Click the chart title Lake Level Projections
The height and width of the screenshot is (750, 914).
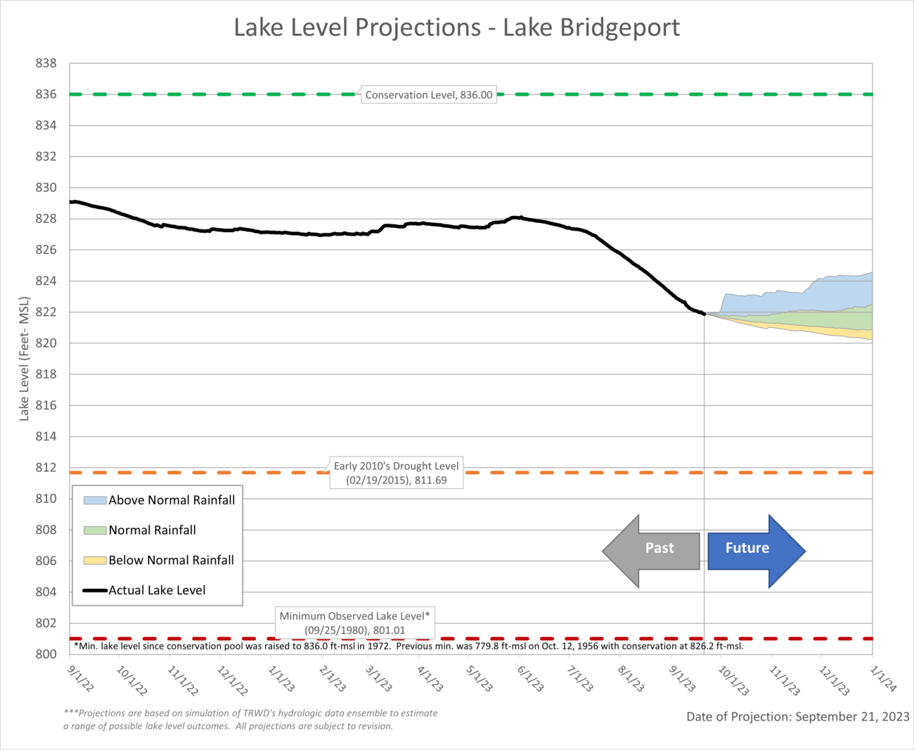pyautogui.click(x=456, y=27)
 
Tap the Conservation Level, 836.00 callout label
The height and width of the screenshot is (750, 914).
pyautogui.click(x=428, y=95)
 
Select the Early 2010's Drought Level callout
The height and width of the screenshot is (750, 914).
pyautogui.click(x=397, y=473)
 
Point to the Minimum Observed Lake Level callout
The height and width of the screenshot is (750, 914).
pyautogui.click(x=354, y=623)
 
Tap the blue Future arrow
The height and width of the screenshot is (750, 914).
pyautogui.click(x=755, y=550)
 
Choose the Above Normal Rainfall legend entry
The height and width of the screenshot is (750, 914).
pyautogui.click(x=159, y=500)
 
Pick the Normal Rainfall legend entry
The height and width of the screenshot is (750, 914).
pyautogui.click(x=140, y=530)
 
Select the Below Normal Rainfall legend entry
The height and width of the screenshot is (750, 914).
pyautogui.click(x=159, y=561)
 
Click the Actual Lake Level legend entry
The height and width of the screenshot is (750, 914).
pyautogui.click(x=145, y=591)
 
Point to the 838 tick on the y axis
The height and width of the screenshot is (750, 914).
pyautogui.click(x=46, y=63)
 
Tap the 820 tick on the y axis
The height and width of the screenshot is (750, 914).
pyautogui.click(x=46, y=343)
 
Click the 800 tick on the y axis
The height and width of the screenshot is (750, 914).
pyautogui.click(x=46, y=654)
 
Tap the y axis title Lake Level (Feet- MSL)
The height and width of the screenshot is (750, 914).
pyautogui.click(x=25, y=359)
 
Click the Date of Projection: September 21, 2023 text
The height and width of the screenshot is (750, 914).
pyautogui.click(x=797, y=717)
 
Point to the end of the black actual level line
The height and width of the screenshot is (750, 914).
pyautogui.click(x=704, y=314)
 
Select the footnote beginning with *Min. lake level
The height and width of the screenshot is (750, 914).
pyautogui.click(x=408, y=646)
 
